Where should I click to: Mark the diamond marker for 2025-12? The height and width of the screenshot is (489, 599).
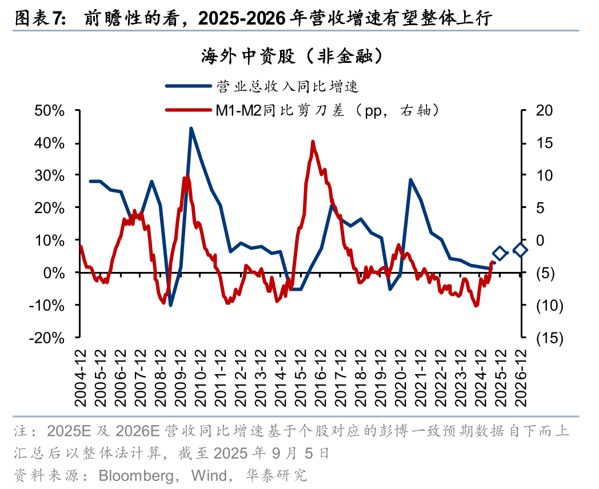(500, 253)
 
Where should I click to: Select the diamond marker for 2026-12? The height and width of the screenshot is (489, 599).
(520, 250)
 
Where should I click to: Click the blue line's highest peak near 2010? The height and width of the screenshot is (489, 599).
(190, 128)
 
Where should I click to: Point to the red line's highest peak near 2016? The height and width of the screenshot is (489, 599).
(313, 141)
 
